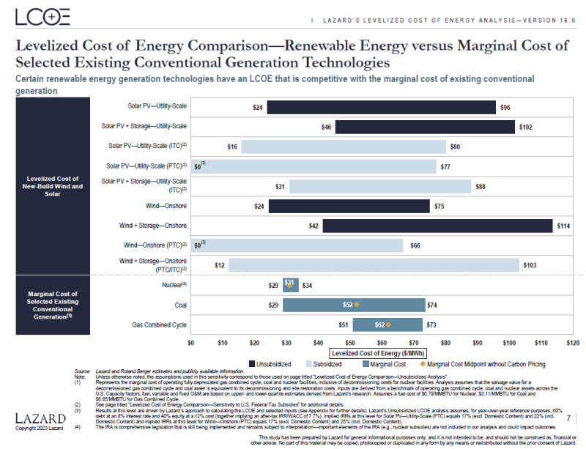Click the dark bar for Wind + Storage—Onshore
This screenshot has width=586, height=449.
point(437,226)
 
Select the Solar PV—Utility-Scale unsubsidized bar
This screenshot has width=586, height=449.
point(381,107)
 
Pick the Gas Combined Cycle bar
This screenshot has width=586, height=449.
point(387,324)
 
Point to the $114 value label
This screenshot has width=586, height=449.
point(563,226)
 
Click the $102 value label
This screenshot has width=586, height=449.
point(525,127)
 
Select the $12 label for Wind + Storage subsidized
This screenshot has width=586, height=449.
point(219,265)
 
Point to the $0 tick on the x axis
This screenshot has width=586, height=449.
point(191,342)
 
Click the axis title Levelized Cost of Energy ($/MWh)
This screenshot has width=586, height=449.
point(381,353)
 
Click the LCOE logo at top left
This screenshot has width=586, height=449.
point(44,17)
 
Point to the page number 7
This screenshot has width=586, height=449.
point(568,417)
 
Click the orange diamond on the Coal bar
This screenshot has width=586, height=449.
point(357,304)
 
